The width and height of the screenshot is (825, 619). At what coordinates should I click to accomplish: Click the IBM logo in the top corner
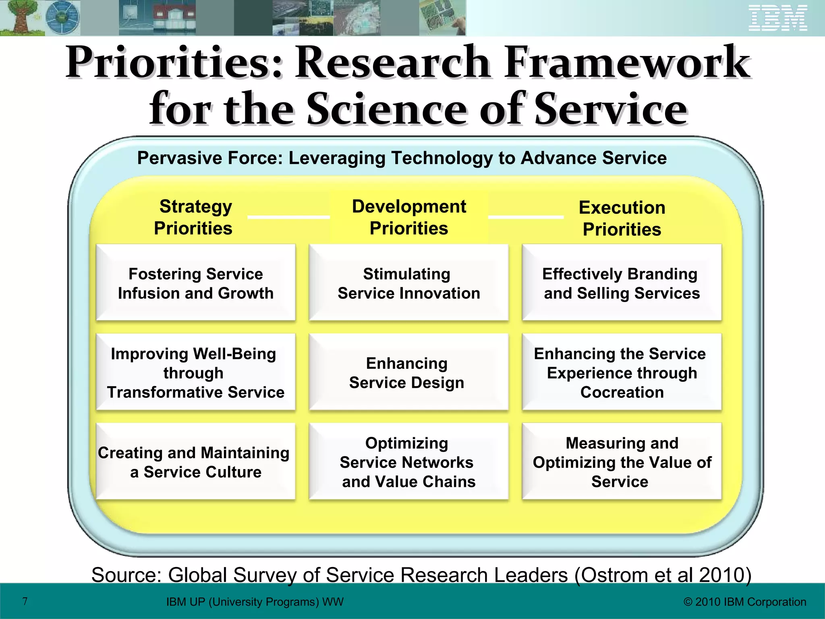[778, 18]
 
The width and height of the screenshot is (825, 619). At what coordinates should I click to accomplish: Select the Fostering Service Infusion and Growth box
[196, 283]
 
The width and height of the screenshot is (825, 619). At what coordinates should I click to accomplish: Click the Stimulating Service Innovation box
[408, 283]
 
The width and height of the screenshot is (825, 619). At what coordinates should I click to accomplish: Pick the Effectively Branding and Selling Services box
[622, 283]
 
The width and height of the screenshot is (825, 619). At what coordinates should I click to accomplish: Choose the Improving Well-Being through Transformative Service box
[196, 372]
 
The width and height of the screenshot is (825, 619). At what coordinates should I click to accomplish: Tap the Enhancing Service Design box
[408, 372]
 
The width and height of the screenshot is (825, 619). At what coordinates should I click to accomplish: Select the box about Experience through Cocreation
[622, 372]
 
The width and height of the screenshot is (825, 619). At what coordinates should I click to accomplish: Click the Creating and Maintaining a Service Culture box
[196, 462]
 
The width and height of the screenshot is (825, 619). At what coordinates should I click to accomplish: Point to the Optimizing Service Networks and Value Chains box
[408, 462]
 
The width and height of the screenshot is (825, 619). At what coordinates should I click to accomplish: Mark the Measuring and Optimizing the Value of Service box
[622, 462]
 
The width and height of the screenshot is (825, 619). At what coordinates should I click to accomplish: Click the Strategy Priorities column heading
[194, 217]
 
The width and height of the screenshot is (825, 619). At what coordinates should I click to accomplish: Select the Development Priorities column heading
[409, 217]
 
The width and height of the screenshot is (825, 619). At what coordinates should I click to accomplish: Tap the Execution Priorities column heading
[622, 218]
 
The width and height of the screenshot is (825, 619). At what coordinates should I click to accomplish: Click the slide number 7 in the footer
[25, 601]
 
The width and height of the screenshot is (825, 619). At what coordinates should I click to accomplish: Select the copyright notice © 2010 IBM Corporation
[745, 602]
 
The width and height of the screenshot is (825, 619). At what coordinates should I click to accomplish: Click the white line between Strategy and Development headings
[288, 217]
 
